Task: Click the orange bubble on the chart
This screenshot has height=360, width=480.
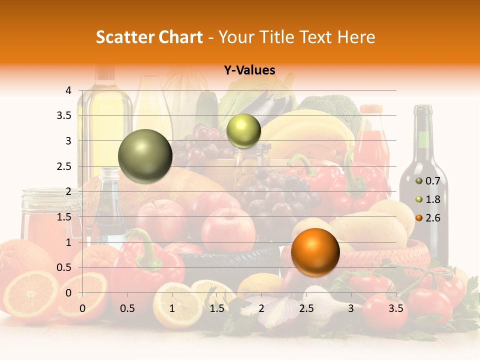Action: click(315, 252)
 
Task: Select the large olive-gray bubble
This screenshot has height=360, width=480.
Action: click(145, 156)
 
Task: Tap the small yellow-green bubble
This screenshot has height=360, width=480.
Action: click(243, 131)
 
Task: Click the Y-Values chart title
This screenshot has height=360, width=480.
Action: click(249, 70)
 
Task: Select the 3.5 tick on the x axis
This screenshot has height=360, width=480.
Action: click(396, 308)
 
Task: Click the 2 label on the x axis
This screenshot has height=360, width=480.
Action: click(261, 308)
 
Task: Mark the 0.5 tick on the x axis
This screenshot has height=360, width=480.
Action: click(127, 308)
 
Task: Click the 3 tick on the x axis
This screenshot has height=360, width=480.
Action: click(351, 308)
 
